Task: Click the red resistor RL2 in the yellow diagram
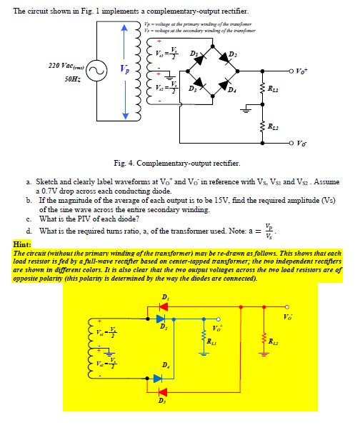(x=264, y=339)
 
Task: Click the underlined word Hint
(x=21, y=244)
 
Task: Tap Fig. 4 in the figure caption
(x=124, y=163)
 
